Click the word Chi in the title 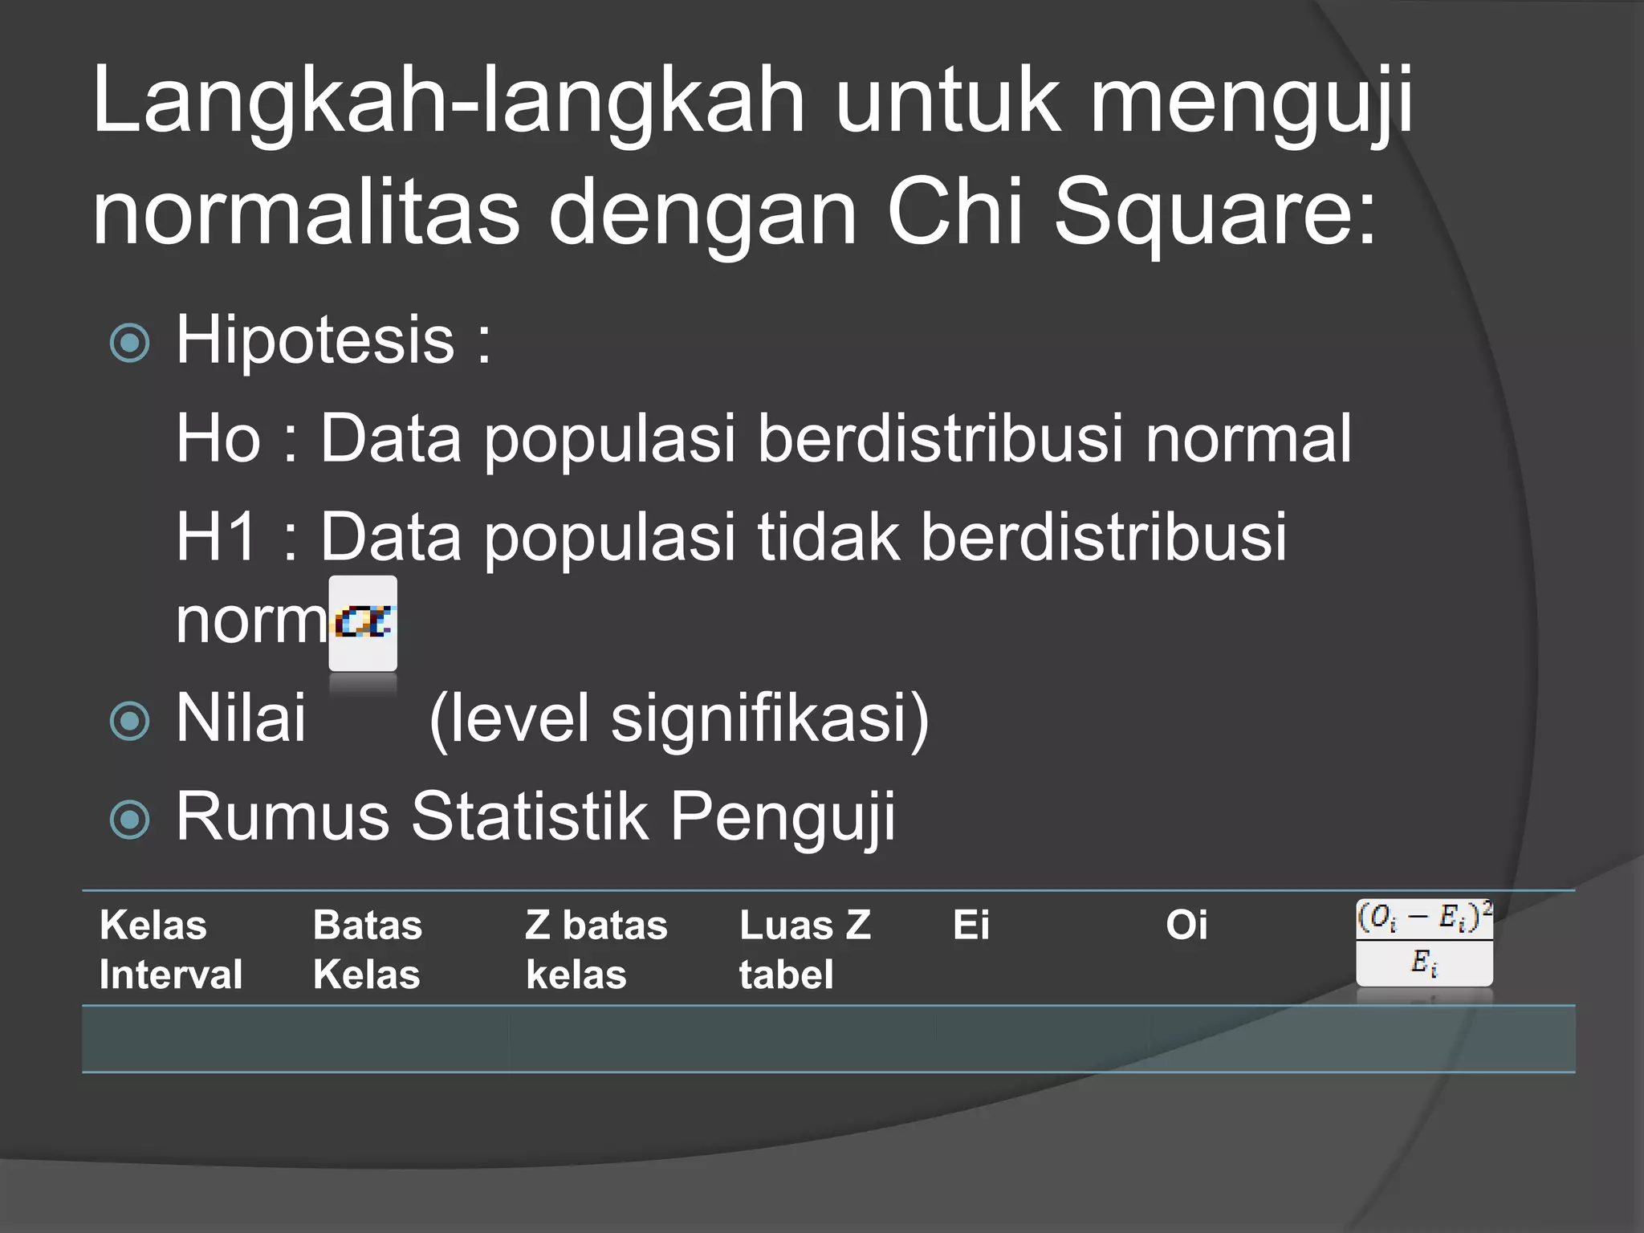954,211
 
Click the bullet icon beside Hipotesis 130,343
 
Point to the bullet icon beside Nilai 130,720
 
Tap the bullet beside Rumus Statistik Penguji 130,819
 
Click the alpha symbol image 363,623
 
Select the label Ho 218,438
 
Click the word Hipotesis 315,340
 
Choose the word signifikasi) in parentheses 770,718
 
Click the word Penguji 783,817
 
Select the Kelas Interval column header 170,950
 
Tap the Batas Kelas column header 367,950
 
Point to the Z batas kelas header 596,950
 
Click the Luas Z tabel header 804,950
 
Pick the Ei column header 971,925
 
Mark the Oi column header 1186,925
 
